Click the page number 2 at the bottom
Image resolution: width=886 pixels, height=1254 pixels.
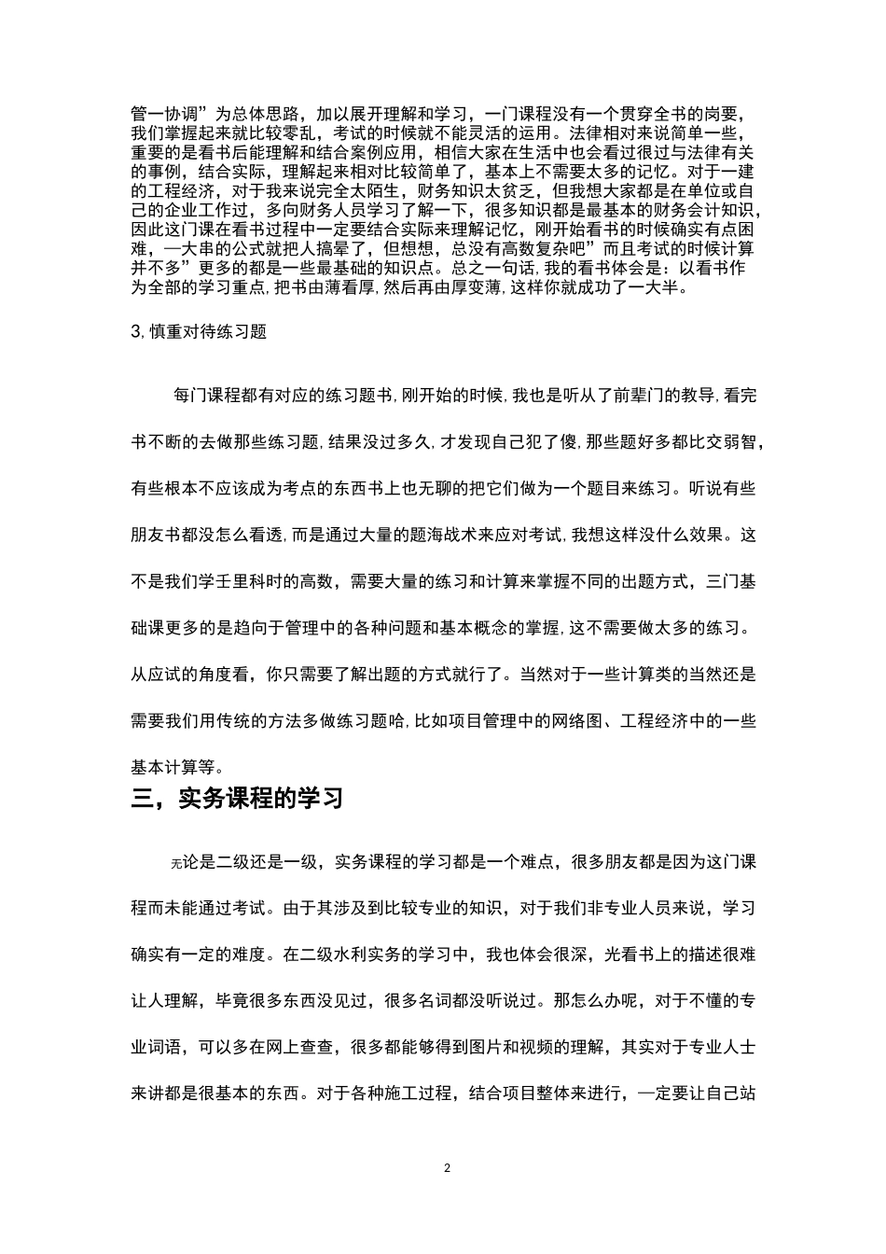tap(448, 1167)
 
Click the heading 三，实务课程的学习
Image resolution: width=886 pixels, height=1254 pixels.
tap(238, 799)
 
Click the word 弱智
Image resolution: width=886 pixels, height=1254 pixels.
tap(742, 442)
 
